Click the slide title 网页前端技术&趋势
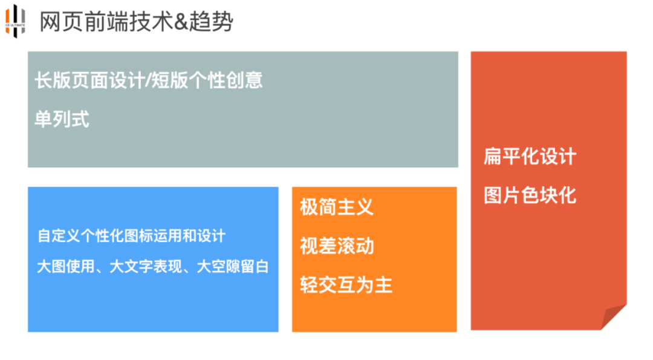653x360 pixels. (x=136, y=22)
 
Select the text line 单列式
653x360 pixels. (x=62, y=119)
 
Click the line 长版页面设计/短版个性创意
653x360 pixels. (x=149, y=80)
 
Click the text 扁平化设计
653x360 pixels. (x=530, y=156)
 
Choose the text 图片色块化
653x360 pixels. (x=530, y=195)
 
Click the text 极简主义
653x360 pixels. (x=337, y=207)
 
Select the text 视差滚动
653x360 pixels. (x=337, y=246)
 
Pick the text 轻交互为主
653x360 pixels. (x=346, y=285)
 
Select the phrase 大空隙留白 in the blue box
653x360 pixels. (x=233, y=267)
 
